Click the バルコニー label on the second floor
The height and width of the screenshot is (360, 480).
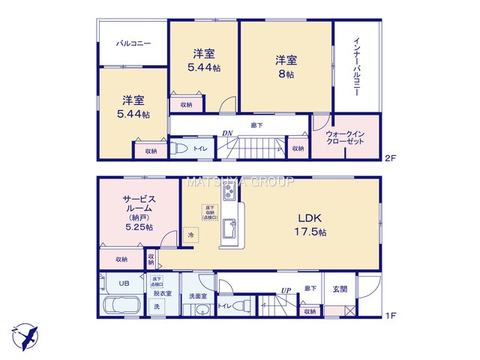(133, 43)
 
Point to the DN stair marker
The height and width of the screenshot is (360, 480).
(226, 133)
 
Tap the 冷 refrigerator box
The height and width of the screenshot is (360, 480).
(191, 235)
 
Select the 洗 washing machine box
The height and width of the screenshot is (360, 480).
(157, 307)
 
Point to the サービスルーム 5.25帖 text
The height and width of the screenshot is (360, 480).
(139, 213)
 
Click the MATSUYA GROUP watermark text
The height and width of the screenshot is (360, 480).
(240, 181)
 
